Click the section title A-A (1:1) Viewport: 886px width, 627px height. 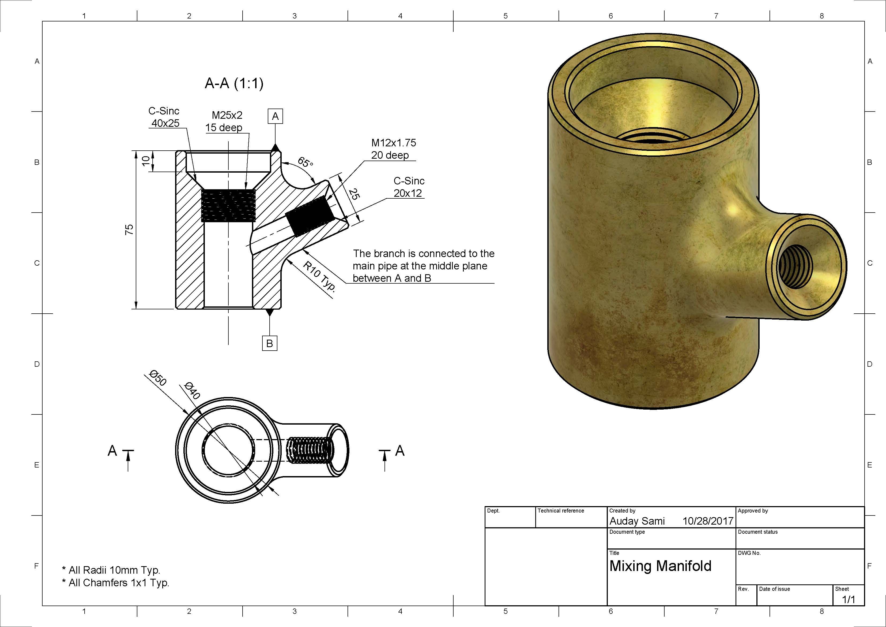(234, 83)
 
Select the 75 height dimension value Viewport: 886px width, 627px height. (129, 229)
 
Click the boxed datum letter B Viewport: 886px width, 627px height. (269, 343)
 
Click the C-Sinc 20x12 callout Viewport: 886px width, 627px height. (409, 187)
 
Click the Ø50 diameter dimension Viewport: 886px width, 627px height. (158, 378)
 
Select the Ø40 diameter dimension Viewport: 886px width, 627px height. (192, 391)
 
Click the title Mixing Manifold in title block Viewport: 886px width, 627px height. (660, 566)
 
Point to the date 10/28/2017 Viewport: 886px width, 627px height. (708, 521)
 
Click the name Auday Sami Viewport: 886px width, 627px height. (637, 521)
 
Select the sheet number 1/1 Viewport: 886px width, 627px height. (848, 600)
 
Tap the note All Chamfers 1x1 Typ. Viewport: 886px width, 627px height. (119, 583)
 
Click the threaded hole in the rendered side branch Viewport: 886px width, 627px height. (796, 266)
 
